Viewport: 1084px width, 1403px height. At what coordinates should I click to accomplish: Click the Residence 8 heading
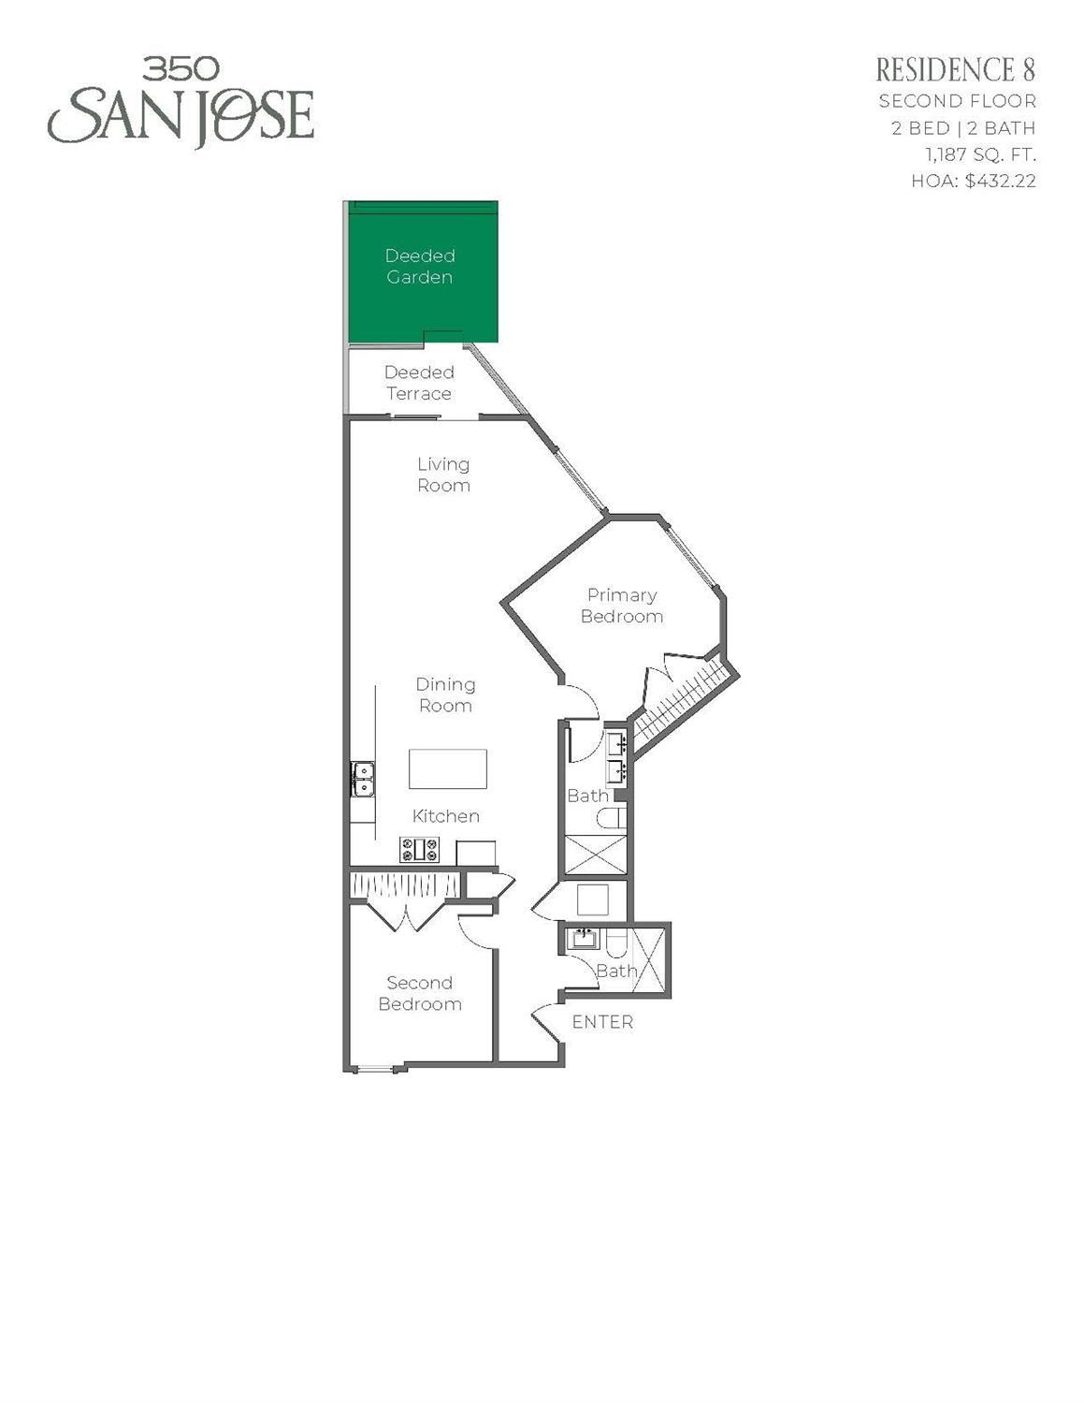(955, 70)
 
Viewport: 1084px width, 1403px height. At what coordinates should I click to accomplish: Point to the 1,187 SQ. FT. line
(980, 154)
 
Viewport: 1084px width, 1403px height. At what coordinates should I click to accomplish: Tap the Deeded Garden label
(420, 267)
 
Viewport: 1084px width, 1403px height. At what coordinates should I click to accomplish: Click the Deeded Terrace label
(419, 383)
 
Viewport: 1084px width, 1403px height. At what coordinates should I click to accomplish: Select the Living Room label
(443, 475)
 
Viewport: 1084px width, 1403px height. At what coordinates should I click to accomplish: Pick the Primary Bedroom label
(622, 606)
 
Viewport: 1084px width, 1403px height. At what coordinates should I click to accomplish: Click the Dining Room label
(445, 695)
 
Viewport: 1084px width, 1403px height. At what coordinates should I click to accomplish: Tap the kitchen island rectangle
(448, 768)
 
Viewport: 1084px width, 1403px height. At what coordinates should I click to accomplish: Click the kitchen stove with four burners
(420, 850)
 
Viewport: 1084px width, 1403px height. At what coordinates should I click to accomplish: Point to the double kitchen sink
(362, 779)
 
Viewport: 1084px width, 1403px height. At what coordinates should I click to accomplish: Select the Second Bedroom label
(420, 993)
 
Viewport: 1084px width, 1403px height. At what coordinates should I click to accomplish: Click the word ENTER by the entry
(602, 1022)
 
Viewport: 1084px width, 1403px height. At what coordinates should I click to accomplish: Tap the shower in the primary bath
(594, 854)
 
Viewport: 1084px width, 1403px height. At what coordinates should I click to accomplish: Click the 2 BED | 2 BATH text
(962, 128)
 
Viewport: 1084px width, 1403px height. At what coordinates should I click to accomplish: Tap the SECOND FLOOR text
(957, 101)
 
